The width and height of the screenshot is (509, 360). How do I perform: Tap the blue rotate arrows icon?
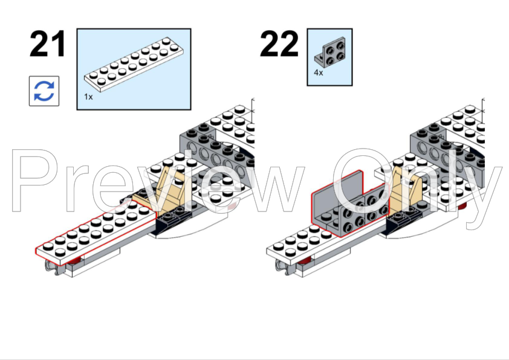click(x=44, y=91)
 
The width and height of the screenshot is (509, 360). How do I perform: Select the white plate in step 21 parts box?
click(x=134, y=65)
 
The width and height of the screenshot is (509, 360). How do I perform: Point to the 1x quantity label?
click(x=88, y=97)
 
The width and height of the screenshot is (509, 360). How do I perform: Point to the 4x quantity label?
click(x=319, y=72)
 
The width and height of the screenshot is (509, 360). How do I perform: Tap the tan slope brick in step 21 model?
click(x=161, y=190)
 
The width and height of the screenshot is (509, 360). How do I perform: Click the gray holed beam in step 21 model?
click(x=216, y=152)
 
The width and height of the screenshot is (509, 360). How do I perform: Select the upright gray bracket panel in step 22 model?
click(x=337, y=191)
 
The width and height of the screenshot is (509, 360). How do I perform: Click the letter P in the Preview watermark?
click(x=35, y=181)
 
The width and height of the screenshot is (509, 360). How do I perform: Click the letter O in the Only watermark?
click(x=363, y=182)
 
